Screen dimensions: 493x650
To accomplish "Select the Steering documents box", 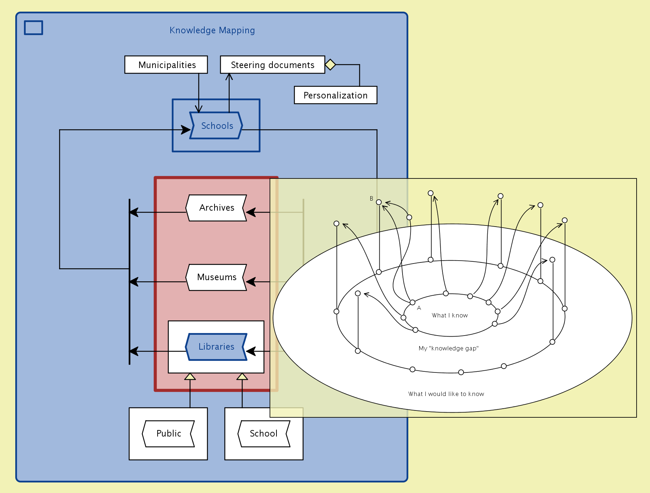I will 272,65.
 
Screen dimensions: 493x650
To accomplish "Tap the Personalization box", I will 336,95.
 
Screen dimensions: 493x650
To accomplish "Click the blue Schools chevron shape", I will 216,126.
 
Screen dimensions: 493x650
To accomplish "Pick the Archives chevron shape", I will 216,208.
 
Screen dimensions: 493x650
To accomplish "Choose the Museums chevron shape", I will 216,277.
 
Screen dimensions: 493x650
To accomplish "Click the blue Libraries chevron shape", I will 216,347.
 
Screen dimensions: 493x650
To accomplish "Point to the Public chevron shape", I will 168,434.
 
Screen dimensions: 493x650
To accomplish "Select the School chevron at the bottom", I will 264,434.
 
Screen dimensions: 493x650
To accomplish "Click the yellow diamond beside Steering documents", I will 330,65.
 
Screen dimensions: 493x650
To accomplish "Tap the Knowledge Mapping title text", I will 212,30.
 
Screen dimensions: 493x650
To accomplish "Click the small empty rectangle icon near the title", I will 34,28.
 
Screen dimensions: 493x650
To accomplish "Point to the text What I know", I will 450,316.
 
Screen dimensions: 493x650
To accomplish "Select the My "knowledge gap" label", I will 449,349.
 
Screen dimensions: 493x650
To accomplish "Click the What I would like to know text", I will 446,394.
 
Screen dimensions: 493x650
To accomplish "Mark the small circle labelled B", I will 379,202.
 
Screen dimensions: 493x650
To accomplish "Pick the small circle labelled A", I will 412,302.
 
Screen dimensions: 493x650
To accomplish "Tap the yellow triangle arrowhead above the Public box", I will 190,376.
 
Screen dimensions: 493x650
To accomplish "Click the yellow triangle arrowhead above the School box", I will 242,376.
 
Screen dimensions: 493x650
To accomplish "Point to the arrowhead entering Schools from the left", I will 186,130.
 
